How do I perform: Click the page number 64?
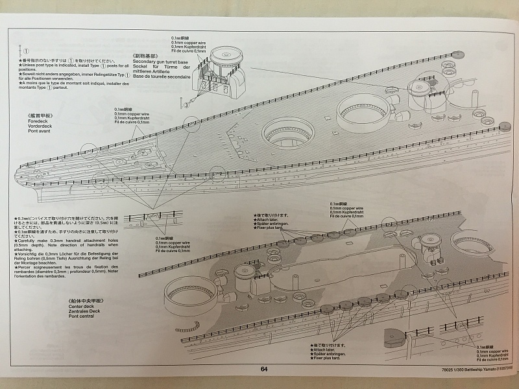tap(263, 370)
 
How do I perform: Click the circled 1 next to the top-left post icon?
tap(27, 49)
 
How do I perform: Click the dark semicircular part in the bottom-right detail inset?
tap(394, 336)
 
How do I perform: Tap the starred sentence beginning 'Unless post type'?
tap(73, 67)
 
